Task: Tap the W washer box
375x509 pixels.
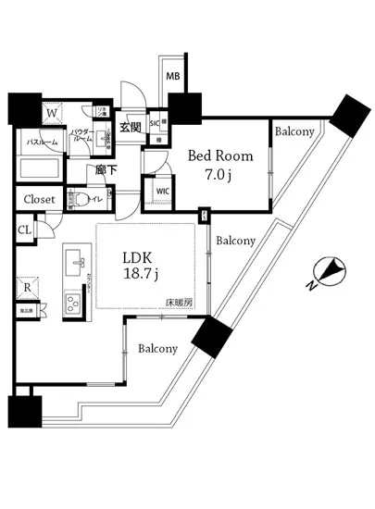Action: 53,113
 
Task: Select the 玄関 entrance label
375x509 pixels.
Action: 131,127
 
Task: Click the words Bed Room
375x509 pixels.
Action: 214,155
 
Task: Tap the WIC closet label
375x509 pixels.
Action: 163,192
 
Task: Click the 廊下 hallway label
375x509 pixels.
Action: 105,170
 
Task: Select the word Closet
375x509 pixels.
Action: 39,199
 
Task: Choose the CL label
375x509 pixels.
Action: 24,230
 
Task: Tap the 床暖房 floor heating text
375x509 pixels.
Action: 178,302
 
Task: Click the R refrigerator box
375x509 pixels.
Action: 28,288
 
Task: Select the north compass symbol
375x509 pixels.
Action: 330,273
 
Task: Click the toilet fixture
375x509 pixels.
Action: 84,199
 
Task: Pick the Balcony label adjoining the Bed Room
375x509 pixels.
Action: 294,131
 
